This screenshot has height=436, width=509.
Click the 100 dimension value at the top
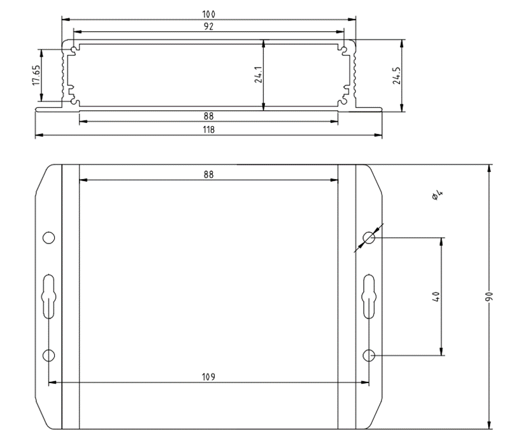(x=208, y=14)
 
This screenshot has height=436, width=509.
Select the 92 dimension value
(x=208, y=27)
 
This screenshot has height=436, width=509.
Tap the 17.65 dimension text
(x=36, y=75)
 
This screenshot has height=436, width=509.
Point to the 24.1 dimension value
(x=259, y=75)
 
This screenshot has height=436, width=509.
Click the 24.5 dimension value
(x=397, y=76)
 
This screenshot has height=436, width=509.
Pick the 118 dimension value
(x=208, y=129)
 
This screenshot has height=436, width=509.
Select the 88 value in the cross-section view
(x=208, y=116)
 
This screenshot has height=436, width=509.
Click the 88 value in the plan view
(x=208, y=175)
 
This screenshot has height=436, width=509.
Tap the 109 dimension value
(x=208, y=377)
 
